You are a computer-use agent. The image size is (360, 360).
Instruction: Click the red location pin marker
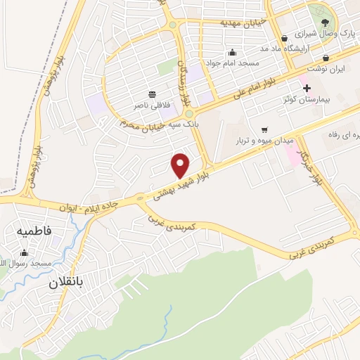(181, 166)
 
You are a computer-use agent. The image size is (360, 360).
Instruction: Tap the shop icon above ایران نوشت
(326, 58)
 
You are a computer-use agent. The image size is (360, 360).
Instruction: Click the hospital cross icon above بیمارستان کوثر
(306, 89)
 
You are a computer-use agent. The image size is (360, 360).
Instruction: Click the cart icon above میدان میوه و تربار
(264, 130)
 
